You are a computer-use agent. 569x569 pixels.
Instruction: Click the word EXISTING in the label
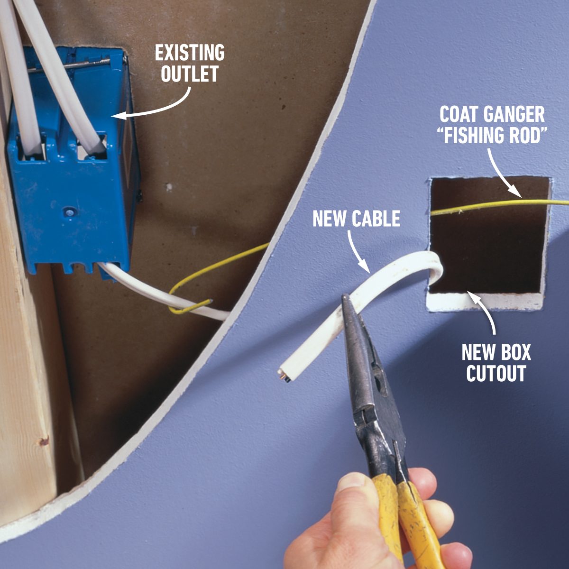click(x=190, y=53)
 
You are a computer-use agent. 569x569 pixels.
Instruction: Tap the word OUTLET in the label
click(x=190, y=74)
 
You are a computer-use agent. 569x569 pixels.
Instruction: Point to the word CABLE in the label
click(x=376, y=219)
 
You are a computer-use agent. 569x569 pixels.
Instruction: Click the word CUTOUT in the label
click(x=496, y=374)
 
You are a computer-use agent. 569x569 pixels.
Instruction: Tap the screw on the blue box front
click(x=70, y=214)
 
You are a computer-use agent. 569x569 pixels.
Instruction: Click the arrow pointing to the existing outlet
click(x=156, y=107)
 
